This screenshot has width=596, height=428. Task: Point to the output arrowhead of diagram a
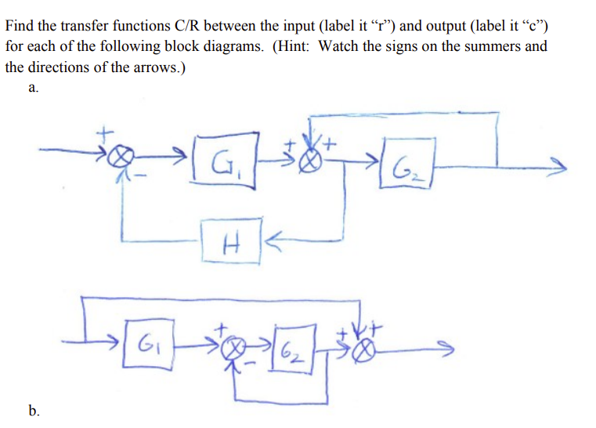point(558,166)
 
